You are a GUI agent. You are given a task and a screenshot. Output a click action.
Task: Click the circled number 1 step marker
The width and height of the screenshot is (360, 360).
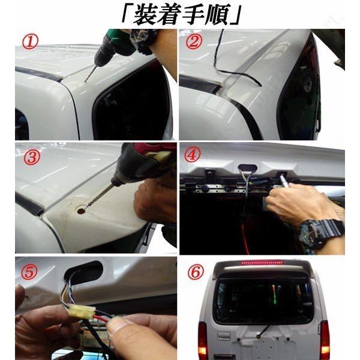point(29,43)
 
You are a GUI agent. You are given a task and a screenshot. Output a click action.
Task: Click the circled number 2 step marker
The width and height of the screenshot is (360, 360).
point(193,41)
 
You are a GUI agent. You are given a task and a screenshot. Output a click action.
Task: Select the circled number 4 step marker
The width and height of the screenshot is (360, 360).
point(193,155)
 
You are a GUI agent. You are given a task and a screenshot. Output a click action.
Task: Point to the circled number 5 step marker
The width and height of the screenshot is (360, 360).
point(29,272)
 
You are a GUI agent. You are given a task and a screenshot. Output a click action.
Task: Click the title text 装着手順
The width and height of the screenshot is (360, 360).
point(181,15)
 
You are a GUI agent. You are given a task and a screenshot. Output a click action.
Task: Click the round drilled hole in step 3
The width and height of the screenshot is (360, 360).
point(81,211)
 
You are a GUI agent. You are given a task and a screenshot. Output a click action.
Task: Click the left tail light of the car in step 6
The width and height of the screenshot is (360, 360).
point(203,337)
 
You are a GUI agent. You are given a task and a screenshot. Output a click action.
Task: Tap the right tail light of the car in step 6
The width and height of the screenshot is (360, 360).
point(325,337)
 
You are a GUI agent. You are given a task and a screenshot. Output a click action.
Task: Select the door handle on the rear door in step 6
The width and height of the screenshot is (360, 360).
point(223,336)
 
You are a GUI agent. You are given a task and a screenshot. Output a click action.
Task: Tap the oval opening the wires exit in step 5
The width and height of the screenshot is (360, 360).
point(84,272)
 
